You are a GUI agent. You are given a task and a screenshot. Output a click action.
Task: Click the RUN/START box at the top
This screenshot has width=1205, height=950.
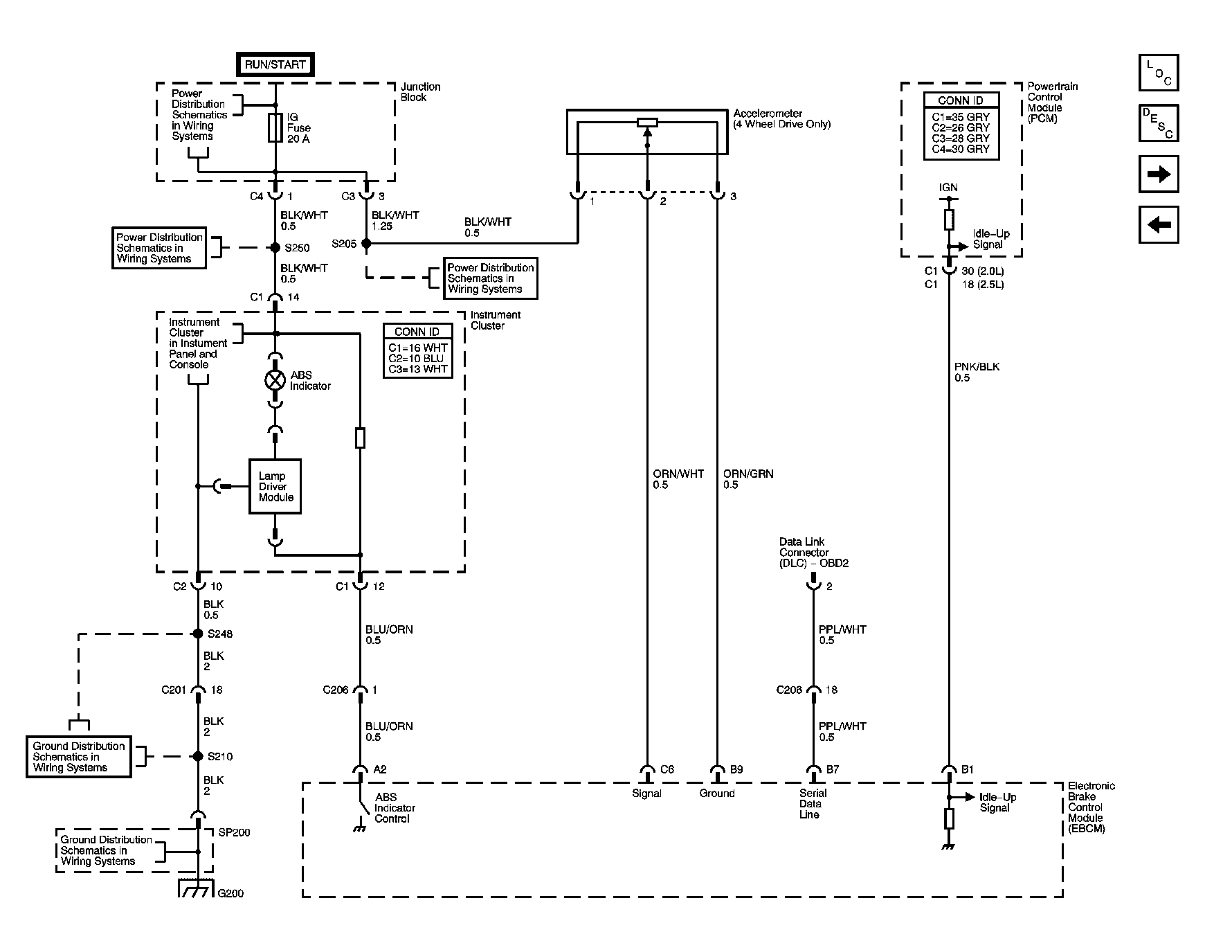275,64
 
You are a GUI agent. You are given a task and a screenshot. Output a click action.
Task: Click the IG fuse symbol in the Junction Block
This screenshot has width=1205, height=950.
275,128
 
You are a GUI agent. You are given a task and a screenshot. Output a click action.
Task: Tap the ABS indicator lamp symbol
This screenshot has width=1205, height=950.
275,379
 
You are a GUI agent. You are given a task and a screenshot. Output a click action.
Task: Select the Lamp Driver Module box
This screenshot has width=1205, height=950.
275,486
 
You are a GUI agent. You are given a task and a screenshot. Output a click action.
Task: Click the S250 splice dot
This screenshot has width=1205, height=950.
275,247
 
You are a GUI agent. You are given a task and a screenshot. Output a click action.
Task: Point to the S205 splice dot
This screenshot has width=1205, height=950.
366,244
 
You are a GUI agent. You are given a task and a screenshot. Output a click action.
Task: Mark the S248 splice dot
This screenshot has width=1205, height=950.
198,634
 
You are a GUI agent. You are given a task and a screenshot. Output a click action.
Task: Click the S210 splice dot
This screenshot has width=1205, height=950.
198,756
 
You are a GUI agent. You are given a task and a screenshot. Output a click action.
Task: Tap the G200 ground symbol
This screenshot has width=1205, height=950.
197,888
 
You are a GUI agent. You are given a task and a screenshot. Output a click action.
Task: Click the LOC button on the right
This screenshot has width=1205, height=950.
1158,73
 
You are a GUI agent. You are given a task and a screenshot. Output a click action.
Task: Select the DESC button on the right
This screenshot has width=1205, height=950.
1158,123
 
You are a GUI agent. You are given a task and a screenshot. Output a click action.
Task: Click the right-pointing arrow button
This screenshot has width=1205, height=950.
1158,174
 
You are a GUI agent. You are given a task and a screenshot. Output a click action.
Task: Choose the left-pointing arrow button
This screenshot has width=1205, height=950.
1158,224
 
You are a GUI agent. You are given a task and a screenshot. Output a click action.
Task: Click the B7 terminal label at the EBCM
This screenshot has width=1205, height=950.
832,769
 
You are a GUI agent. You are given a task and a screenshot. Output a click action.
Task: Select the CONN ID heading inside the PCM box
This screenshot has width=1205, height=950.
961,100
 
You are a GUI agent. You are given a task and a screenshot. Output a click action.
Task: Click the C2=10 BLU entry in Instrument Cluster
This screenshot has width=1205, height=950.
417,358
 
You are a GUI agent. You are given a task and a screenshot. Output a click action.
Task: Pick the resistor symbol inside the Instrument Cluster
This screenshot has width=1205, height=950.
360,438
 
